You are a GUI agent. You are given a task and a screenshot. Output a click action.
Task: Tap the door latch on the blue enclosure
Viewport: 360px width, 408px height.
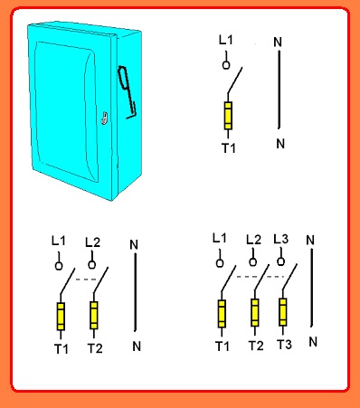click(x=104, y=118)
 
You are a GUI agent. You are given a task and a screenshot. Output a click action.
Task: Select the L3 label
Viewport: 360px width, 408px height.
click(x=280, y=239)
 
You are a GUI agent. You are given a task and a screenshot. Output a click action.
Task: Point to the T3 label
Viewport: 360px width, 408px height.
click(x=284, y=344)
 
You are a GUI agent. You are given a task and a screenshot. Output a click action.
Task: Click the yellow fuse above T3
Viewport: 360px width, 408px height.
click(x=283, y=312)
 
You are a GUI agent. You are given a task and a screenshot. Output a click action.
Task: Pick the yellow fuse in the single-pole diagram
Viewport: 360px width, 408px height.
click(x=228, y=116)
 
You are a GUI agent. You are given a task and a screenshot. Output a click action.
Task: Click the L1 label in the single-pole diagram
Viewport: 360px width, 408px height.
click(x=226, y=40)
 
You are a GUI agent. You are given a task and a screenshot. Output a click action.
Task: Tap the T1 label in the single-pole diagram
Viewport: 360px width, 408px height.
click(x=229, y=148)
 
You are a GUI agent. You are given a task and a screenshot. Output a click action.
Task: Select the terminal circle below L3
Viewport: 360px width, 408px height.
click(x=280, y=261)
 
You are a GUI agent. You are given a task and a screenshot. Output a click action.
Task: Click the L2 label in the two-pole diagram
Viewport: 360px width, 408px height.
click(x=92, y=242)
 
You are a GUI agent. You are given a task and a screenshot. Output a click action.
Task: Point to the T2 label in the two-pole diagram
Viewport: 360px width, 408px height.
click(x=95, y=348)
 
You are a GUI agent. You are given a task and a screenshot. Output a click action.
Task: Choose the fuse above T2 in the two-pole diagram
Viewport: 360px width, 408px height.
click(x=94, y=316)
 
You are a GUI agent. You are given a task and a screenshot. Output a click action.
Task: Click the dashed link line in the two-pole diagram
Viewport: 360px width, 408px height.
click(x=86, y=280)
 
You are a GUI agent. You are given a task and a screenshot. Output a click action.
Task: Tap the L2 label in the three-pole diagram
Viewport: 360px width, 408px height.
click(x=253, y=240)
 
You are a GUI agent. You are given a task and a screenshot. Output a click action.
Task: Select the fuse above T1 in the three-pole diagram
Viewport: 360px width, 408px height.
click(x=222, y=314)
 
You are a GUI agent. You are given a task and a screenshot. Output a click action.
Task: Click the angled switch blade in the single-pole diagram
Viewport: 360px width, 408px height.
click(x=235, y=81)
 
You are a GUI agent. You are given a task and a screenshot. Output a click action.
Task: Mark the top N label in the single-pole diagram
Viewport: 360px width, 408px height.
click(x=278, y=43)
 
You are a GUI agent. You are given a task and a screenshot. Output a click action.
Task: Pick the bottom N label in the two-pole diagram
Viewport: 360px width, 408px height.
click(x=137, y=346)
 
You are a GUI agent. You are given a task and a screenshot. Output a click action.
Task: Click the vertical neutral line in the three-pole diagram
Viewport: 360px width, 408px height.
click(x=311, y=288)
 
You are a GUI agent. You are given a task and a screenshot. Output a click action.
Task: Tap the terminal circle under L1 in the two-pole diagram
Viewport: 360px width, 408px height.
click(x=59, y=266)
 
